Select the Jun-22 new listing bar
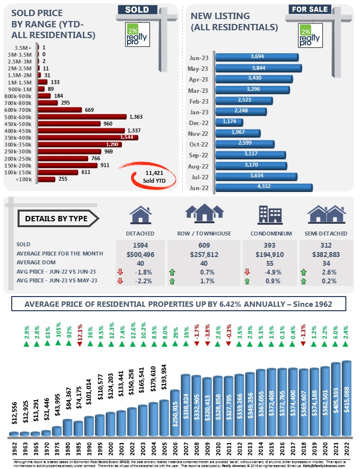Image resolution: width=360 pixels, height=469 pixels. tap(263, 188)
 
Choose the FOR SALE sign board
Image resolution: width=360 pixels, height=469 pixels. tap(310, 9)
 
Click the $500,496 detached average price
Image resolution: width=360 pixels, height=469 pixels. tap(140, 254)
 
